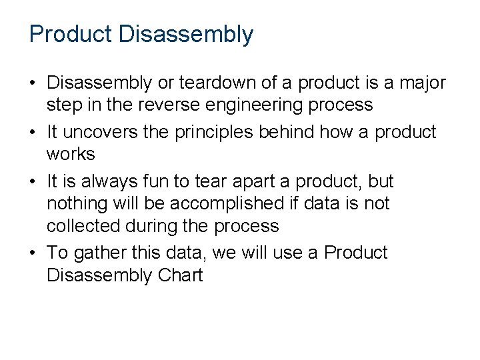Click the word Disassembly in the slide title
(x=186, y=35)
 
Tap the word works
(x=71, y=155)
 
